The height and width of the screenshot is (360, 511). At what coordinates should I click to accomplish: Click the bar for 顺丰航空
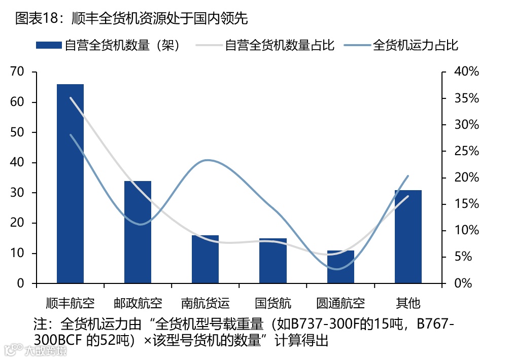pos(70,184)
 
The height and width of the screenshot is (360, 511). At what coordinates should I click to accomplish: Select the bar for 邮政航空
pos(138,232)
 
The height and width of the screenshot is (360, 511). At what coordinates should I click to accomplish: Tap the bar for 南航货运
pos(205,259)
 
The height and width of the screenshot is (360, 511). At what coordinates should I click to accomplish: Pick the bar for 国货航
pos(273,261)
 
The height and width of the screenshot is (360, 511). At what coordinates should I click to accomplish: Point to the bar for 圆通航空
pos(340,267)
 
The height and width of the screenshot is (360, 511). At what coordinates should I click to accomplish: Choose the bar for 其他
pos(408,236)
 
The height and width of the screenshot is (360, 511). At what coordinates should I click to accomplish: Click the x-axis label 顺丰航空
pos(70,304)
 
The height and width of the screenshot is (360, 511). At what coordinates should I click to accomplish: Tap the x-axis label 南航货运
pos(205,304)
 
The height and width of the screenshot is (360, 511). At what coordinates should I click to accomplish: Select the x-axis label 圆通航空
pos(340,304)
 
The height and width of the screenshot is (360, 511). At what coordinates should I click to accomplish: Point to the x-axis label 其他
pos(408,304)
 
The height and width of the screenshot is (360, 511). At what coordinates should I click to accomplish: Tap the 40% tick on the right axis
pos(466,72)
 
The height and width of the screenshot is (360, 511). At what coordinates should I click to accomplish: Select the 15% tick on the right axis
pos(466,204)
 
